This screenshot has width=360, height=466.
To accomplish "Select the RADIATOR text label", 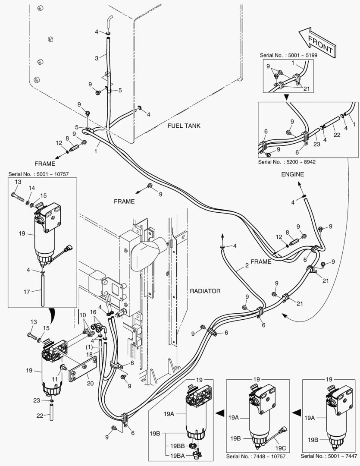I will (x=205, y=291).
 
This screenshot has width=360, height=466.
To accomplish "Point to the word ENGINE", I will (x=293, y=174).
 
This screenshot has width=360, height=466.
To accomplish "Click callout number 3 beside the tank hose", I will (x=97, y=57).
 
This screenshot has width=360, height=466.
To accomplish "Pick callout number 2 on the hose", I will (x=247, y=265).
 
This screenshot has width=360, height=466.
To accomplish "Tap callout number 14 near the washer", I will (x=31, y=188).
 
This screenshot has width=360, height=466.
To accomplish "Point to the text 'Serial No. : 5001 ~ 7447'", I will (x=329, y=456).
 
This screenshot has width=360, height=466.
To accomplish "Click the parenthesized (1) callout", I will (x=89, y=346).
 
